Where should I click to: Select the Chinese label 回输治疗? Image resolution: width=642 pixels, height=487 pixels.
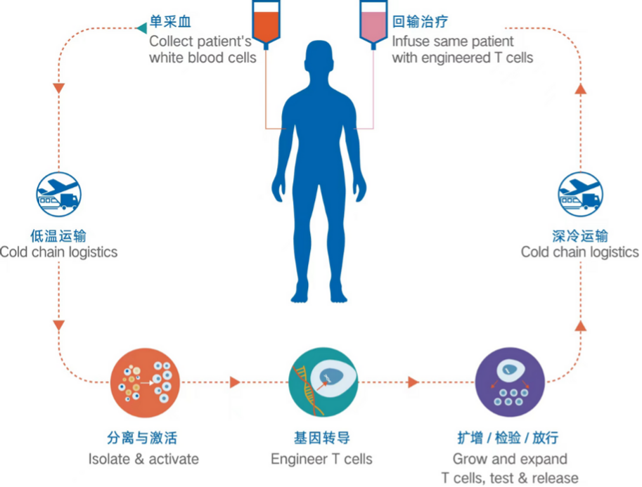(x=420, y=22)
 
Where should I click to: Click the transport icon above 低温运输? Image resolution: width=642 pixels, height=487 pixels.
(x=58, y=196)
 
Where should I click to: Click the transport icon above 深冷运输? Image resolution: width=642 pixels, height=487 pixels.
(x=580, y=196)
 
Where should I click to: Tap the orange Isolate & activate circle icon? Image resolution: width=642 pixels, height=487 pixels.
(x=146, y=382)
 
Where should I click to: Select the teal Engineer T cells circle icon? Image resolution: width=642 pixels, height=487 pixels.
(x=322, y=382)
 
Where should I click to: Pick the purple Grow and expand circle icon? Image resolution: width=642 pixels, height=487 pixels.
(x=510, y=382)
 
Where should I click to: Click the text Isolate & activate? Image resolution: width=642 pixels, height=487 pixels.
(x=143, y=460)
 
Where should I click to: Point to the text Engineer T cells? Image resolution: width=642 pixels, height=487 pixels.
(x=321, y=460)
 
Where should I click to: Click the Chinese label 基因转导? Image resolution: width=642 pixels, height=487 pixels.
(x=321, y=439)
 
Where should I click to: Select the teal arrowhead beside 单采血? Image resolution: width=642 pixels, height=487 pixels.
(x=141, y=27)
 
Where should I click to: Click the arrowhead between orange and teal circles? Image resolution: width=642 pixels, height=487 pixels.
(x=235, y=382)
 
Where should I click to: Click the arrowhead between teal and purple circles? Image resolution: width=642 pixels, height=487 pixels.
(x=413, y=382)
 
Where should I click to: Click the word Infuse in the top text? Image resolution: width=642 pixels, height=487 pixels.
(x=411, y=41)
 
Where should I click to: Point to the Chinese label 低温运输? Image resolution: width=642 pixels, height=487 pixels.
(x=58, y=235)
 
